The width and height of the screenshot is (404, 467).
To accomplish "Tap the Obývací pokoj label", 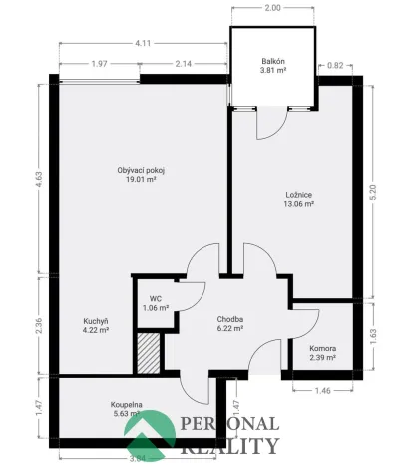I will (141, 170).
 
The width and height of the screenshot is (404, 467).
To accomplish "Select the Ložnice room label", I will (299, 194).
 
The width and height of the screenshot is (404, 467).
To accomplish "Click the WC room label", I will (156, 297).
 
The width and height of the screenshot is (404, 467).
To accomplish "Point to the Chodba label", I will (231, 320).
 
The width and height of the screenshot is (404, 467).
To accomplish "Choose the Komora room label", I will (322, 348).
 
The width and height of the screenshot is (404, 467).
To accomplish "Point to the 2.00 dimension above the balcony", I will (273, 7).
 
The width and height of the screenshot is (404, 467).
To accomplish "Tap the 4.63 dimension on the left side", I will (39, 180).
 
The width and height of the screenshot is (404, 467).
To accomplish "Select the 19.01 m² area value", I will (141, 182).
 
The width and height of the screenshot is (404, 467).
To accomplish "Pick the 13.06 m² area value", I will (299, 205).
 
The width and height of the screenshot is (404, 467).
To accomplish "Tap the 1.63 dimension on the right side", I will (374, 335).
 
